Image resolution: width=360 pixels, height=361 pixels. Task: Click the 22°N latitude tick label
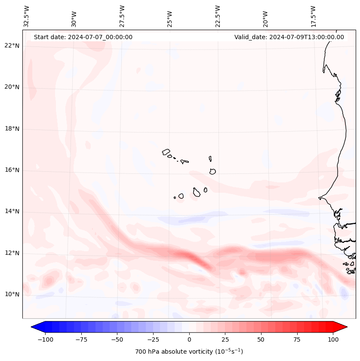point(12,46)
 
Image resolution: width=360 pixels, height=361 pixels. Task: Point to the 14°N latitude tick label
point(12,211)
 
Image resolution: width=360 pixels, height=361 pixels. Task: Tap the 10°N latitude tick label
point(12,294)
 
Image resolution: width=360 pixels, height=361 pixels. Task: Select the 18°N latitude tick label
point(12,129)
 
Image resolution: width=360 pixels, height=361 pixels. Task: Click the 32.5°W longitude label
point(27,16)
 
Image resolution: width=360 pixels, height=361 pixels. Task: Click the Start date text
point(83,37)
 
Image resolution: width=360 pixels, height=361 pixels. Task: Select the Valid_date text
point(289,37)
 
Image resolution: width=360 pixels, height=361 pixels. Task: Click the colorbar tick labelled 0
point(189,339)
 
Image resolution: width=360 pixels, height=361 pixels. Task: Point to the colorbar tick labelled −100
point(45,339)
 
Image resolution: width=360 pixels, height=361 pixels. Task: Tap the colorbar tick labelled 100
point(333,339)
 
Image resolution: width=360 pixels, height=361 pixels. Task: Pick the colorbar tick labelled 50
point(261,339)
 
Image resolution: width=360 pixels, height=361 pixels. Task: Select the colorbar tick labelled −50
point(117,339)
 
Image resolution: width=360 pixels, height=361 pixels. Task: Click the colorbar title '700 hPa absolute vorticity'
point(189,352)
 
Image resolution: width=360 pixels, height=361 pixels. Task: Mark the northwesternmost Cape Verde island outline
point(166,152)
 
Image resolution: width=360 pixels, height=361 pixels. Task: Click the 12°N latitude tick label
point(12,253)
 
